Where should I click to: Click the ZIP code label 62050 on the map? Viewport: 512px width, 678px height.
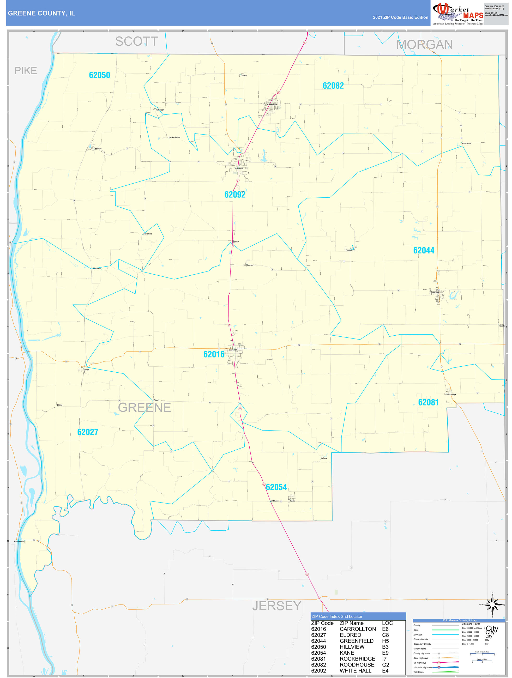pos(99,75)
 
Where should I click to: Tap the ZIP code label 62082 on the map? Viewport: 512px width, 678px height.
pos(333,86)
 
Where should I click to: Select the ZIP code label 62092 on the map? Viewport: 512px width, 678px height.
pos(235,195)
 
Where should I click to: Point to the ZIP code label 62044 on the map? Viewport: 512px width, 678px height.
pos(423,250)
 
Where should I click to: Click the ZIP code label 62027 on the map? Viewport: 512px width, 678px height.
pos(88,432)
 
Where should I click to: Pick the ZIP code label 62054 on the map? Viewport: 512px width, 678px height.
pos(276,487)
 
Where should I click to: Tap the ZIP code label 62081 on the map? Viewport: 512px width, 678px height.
pos(428,402)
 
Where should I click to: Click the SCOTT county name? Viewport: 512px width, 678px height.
pos(136,41)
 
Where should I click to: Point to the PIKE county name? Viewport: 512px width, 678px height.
pos(26,71)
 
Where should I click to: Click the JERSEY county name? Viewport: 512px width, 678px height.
pos(276,606)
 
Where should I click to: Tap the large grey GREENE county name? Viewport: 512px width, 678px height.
pos(144,407)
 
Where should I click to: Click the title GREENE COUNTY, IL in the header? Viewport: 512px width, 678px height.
pos(41,13)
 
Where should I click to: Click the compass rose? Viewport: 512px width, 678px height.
pos(492,604)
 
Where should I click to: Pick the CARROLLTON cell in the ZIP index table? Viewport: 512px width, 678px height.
pos(358,629)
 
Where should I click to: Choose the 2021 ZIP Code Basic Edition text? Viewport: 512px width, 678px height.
pos(400,17)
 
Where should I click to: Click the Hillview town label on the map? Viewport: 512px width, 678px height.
pos(98,148)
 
